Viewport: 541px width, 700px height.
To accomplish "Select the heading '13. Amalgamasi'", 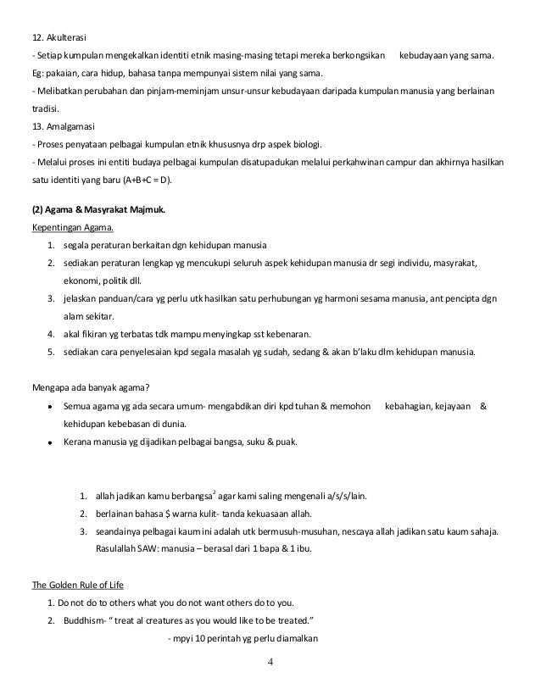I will pyautogui.click(x=55, y=125).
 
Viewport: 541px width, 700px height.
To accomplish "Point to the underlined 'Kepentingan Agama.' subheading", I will pyautogui.click(x=67, y=227).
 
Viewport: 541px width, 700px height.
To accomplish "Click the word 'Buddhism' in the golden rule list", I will pyautogui.click(x=85, y=620).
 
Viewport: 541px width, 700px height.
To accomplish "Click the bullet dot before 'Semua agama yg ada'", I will pyautogui.click(x=52, y=408).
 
